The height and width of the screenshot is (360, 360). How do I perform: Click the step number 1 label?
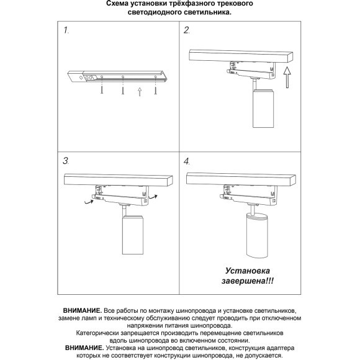click(x=66, y=30)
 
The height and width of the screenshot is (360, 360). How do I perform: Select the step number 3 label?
click(x=66, y=161)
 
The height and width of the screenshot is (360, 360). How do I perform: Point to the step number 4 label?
click(x=187, y=161)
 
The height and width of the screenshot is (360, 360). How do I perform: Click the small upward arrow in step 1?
click(x=140, y=91)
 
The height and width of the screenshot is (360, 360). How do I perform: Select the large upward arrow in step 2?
click(x=286, y=79)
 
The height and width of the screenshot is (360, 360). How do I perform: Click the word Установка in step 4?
click(x=247, y=271)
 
